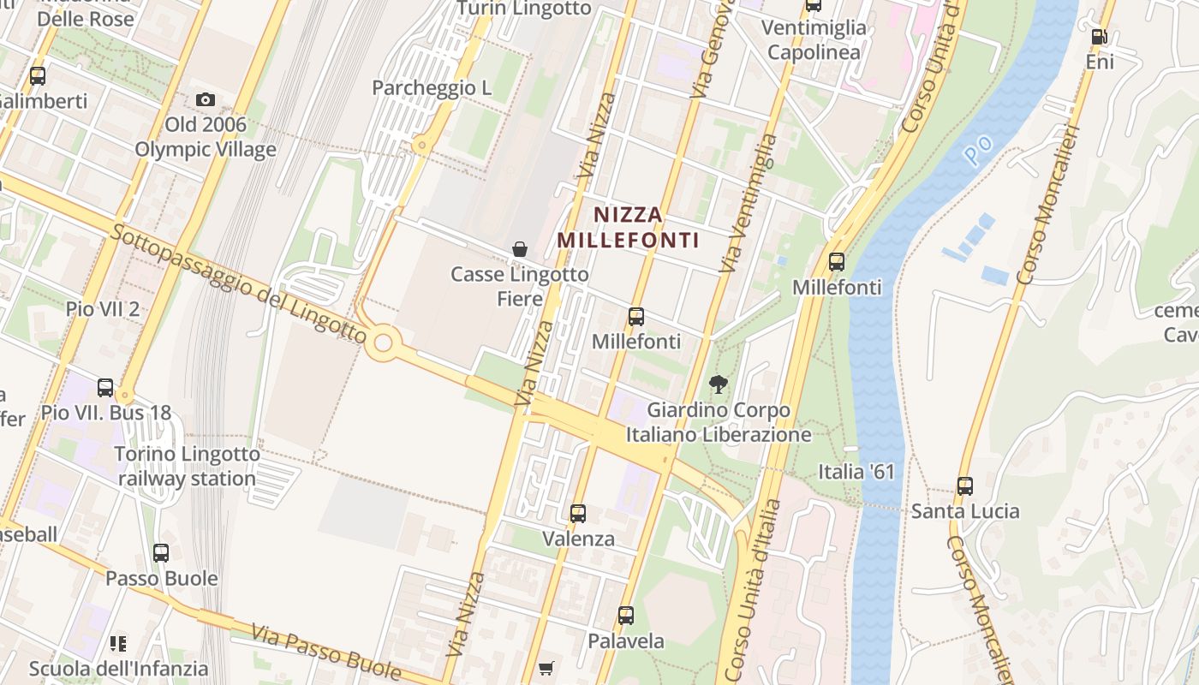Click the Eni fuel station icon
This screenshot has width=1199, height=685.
coord(1099,37)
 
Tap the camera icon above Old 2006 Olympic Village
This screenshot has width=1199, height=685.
coord(205,99)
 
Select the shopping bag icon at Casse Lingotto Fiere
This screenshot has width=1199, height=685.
coord(519,249)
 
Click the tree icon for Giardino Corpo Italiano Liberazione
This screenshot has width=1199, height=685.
coord(718,384)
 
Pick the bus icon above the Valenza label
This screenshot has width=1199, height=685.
coord(578,514)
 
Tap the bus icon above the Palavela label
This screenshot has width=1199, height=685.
coord(626,615)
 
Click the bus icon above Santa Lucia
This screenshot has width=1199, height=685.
coord(965,485)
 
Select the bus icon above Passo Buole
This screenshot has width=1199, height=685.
coord(161,552)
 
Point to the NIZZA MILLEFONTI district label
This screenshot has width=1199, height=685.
coord(628,227)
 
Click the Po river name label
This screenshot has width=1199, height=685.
coord(977,150)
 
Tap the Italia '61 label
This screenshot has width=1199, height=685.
coord(856,472)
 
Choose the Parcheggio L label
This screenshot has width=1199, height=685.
coord(432,87)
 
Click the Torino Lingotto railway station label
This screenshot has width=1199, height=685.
coord(187,466)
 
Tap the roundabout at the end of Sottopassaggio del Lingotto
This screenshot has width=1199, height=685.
coord(384,343)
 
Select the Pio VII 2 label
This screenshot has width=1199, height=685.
coord(103,309)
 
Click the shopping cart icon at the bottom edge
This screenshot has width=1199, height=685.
coord(546,668)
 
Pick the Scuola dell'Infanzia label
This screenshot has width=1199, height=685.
coord(118,668)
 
